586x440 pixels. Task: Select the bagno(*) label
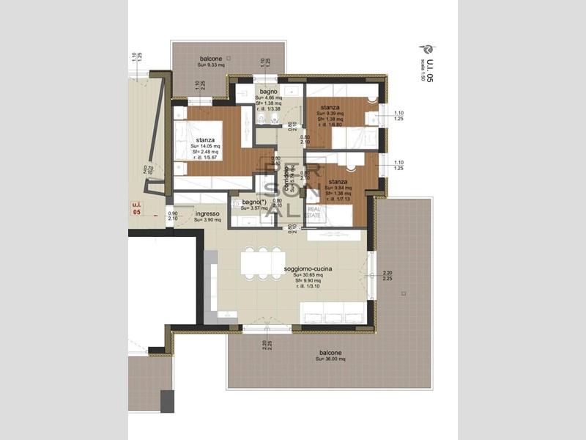tap(252, 202)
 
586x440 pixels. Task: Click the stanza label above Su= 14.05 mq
tap(205, 139)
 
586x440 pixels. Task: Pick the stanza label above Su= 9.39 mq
tap(330, 107)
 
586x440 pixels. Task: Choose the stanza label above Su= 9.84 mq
tap(338, 181)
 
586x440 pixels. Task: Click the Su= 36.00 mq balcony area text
tap(330, 359)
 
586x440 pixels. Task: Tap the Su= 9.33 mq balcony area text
tap(211, 65)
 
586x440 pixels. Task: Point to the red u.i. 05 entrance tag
tap(136, 208)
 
